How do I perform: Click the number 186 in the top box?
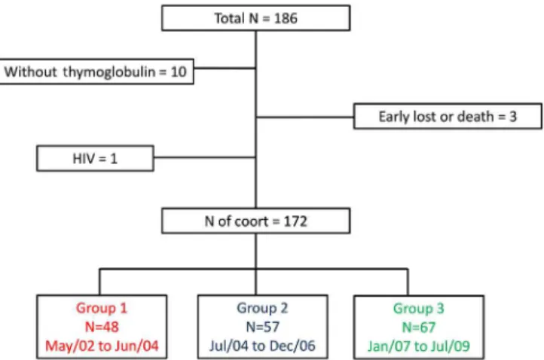pyautogui.click(x=286, y=18)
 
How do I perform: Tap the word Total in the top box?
pyautogui.click(x=229, y=18)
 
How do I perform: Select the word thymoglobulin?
pyautogui.click(x=109, y=72)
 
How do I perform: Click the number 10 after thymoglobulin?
pyautogui.click(x=179, y=72)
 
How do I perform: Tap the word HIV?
pyautogui.click(x=84, y=158)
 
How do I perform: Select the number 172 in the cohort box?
pyautogui.click(x=295, y=221)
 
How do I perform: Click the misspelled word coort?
pyautogui.click(x=248, y=221)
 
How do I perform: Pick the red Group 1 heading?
pyautogui.click(x=102, y=308)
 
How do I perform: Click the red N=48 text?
pyautogui.click(x=102, y=327)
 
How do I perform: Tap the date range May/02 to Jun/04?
pyautogui.click(x=102, y=346)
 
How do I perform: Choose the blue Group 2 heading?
pyautogui.click(x=262, y=308)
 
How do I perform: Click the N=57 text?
pyautogui.click(x=263, y=327)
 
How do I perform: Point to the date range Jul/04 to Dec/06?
pyautogui.click(x=262, y=346)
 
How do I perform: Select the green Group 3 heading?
pyautogui.click(x=418, y=308)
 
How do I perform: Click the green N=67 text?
pyautogui.click(x=418, y=327)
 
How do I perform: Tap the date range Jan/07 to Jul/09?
pyautogui.click(x=419, y=346)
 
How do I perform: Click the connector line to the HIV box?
pyautogui.click(x=205, y=157)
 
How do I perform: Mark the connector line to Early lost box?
pyautogui.click(x=305, y=117)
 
